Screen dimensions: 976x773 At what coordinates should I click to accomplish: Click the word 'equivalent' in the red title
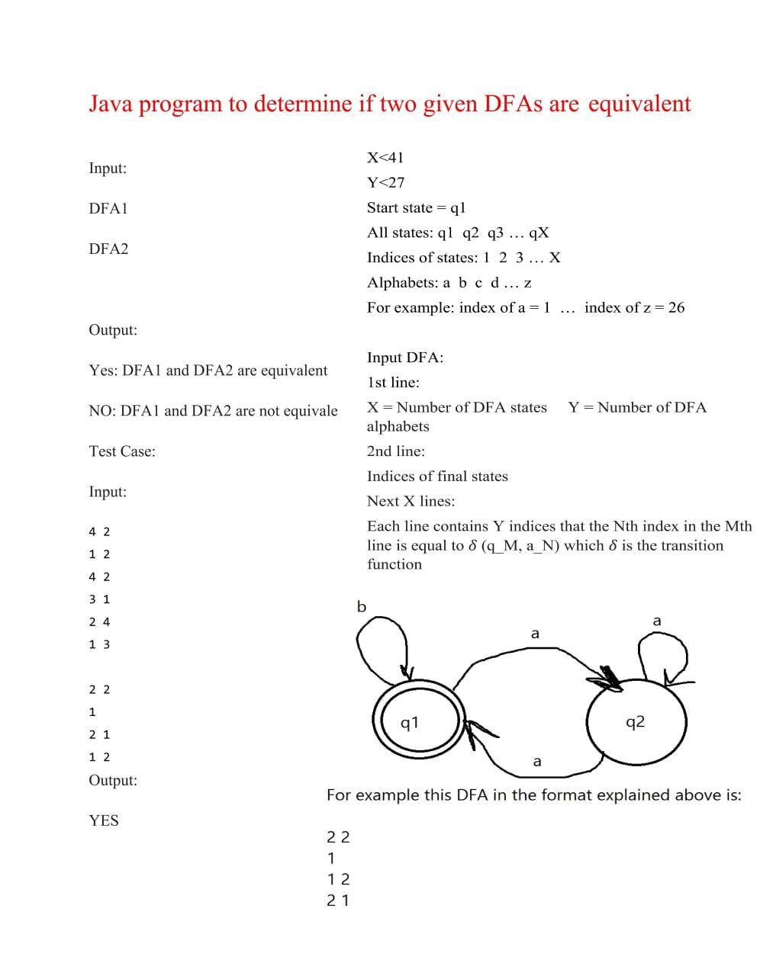coord(639,104)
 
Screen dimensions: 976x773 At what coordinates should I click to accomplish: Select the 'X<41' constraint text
coord(385,158)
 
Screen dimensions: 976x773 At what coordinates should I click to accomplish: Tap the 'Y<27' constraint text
coord(385,183)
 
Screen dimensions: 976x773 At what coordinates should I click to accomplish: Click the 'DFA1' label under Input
coord(108,208)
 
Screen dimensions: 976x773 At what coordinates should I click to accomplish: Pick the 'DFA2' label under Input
coord(108,249)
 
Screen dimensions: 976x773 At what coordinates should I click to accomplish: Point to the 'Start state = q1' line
coord(416,208)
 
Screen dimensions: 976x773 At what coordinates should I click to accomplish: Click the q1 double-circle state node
coord(417,721)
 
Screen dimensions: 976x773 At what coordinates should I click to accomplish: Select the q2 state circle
coord(636,721)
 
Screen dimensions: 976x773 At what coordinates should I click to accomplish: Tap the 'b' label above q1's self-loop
coord(362,607)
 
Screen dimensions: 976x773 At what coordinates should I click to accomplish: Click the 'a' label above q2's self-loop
coord(657,621)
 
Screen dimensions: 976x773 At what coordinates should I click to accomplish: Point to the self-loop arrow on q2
coord(663,656)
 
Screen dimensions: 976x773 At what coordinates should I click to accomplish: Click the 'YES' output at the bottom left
coord(104,820)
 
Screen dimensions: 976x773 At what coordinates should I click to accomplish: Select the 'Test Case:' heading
coord(122,451)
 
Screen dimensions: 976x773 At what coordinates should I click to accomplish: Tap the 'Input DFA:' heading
coord(405,358)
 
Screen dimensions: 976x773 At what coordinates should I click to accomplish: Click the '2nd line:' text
coord(396,451)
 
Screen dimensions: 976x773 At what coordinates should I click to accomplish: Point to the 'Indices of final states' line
coord(437,477)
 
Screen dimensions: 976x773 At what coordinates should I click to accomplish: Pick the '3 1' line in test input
coord(99,599)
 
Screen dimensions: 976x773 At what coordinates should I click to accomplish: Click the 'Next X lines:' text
coord(411,502)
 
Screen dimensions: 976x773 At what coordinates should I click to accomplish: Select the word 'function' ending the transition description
coord(395,564)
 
